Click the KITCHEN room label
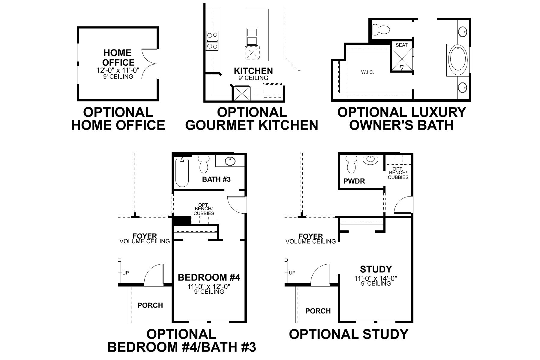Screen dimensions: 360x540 pos(253,71)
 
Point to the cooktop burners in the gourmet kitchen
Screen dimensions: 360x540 pos(212,40)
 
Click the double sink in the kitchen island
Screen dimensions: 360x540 pos(252,37)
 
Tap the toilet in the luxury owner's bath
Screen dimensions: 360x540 pos(381,30)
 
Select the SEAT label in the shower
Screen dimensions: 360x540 pos(401,45)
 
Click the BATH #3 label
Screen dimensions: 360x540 pos(216,179)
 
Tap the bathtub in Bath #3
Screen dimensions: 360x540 pos(182,172)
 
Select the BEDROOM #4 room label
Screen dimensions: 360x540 pos(209,277)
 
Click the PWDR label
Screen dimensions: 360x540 pos(354,181)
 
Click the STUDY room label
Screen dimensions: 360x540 pos(376,269)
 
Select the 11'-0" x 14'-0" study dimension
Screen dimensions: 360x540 pos(376,278)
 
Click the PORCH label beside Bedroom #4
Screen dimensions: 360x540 pos(150,305)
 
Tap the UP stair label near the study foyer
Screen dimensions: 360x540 pos(292,273)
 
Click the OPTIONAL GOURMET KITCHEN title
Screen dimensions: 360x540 pos(252,119)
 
